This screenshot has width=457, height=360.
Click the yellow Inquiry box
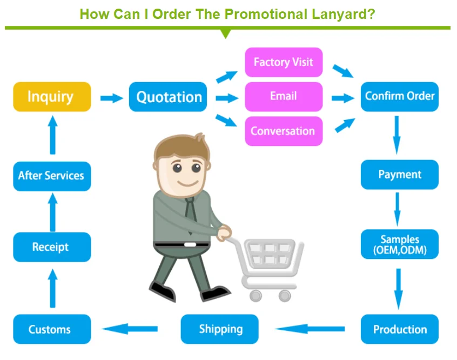[x=51, y=97]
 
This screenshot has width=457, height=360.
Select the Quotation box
[x=168, y=97]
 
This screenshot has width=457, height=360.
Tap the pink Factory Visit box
[x=284, y=62]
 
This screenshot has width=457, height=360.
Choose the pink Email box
[x=284, y=96]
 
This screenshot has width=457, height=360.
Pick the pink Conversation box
[x=284, y=131]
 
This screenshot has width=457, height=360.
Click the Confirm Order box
[x=399, y=96]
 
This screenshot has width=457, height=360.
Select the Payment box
[x=399, y=175]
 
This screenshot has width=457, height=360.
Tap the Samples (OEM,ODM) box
[x=399, y=244]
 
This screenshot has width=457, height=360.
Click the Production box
[x=399, y=329]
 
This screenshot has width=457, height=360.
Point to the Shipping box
[x=220, y=329]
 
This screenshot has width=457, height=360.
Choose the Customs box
[x=51, y=329]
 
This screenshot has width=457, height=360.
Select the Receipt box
[x=51, y=247]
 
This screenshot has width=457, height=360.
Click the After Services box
[x=51, y=176]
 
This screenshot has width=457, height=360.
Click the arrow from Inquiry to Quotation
[x=111, y=98]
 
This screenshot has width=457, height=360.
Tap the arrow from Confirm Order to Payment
[x=397, y=135]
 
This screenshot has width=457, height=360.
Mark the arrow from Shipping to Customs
[x=130, y=328]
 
